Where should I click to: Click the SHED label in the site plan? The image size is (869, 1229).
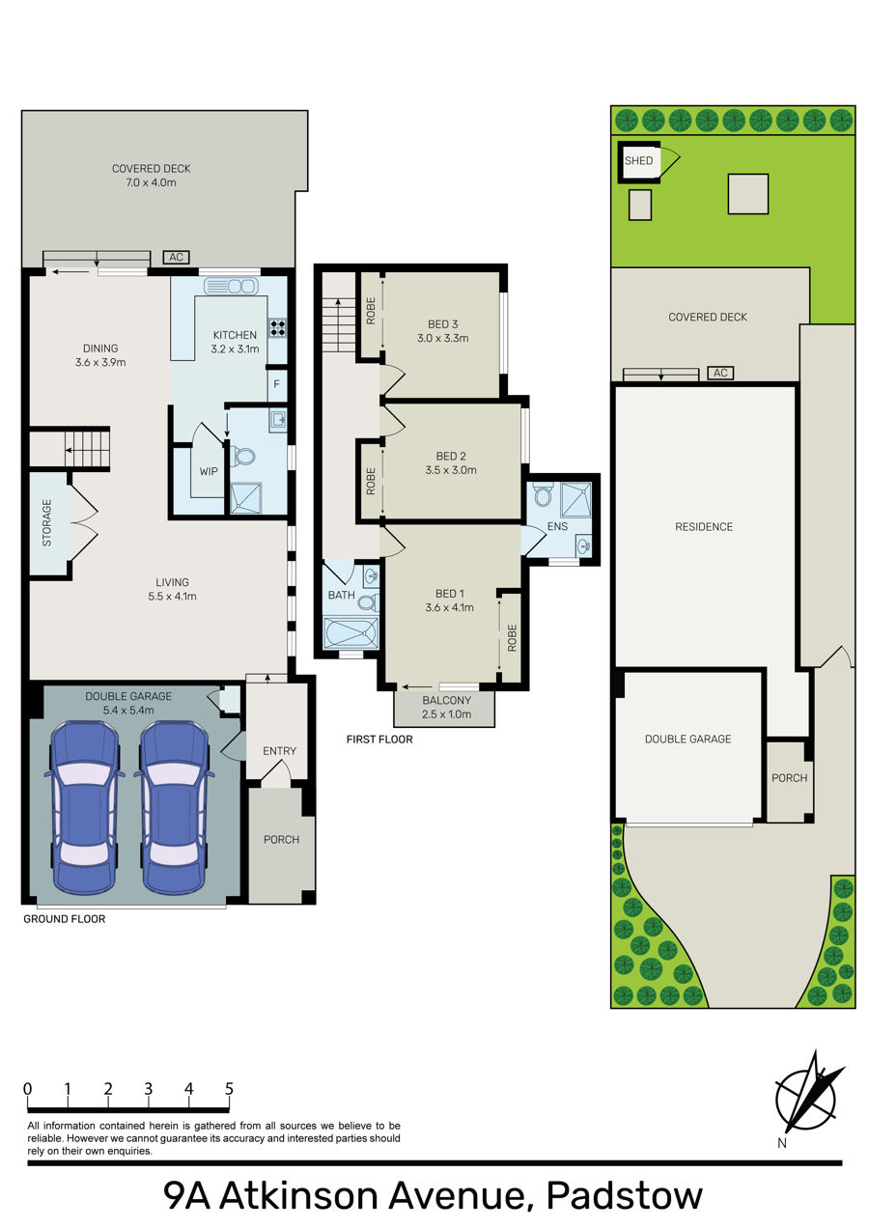pyautogui.click(x=638, y=161)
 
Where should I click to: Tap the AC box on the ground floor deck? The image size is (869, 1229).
pyautogui.click(x=176, y=258)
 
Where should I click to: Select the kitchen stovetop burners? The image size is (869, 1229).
pyautogui.click(x=277, y=327)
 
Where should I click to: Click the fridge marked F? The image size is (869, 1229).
pyautogui.click(x=276, y=384)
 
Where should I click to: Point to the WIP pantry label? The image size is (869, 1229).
pyautogui.click(x=209, y=471)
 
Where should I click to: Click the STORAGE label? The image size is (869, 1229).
pyautogui.click(x=47, y=522)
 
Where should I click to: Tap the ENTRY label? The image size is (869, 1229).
pyautogui.click(x=279, y=751)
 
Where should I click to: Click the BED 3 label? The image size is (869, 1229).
pyautogui.click(x=443, y=324)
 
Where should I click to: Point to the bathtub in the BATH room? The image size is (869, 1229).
pyautogui.click(x=351, y=632)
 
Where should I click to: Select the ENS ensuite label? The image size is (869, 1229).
pyautogui.click(x=557, y=527)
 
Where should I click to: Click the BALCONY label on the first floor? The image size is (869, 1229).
pyautogui.click(x=446, y=701)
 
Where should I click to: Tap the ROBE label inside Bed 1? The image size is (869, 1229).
pyautogui.click(x=513, y=638)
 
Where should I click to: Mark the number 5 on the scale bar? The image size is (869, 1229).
pyautogui.click(x=229, y=1089)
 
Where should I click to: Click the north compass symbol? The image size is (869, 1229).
pyautogui.click(x=807, y=1098)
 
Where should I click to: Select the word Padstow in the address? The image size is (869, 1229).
pyautogui.click(x=625, y=1196)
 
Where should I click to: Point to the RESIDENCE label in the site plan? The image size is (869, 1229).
pyautogui.click(x=704, y=527)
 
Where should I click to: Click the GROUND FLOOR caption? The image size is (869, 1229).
pyautogui.click(x=64, y=919)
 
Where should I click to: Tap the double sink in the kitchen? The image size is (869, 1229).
pyautogui.click(x=231, y=287)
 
